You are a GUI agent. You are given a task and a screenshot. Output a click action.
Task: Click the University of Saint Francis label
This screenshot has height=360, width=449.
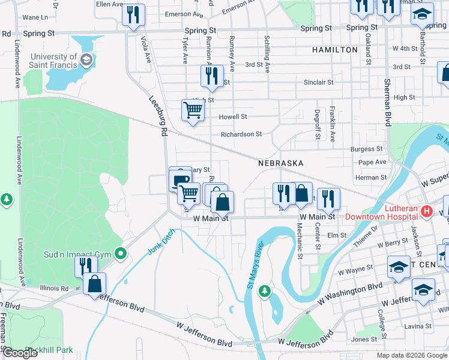tap(54, 61)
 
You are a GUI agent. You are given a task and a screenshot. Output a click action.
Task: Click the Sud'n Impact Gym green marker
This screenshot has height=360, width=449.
tap(120, 254)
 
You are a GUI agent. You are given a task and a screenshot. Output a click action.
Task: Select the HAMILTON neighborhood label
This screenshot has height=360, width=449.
tap(334, 50)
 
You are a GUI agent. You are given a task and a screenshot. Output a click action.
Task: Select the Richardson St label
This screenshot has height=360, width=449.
tap(241, 134)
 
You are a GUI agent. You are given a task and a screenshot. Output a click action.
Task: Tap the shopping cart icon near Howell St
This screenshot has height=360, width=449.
tap(193, 110)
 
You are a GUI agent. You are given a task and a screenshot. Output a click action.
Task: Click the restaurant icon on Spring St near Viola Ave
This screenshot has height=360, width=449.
tap(133, 14)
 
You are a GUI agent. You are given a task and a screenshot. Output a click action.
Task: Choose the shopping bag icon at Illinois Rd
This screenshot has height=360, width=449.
tap(95, 284)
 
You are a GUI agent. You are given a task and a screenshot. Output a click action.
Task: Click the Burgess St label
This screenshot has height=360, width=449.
tap(367, 149)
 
